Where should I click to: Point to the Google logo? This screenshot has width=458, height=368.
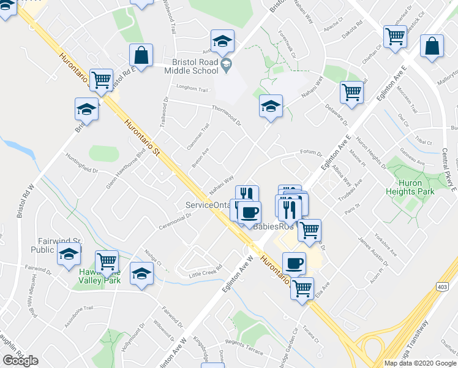20,361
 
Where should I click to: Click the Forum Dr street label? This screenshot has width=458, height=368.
311,153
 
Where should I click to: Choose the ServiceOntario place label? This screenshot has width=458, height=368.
208,205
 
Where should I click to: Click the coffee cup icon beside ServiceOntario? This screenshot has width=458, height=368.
249,213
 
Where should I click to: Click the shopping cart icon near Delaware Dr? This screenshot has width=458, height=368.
351,92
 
